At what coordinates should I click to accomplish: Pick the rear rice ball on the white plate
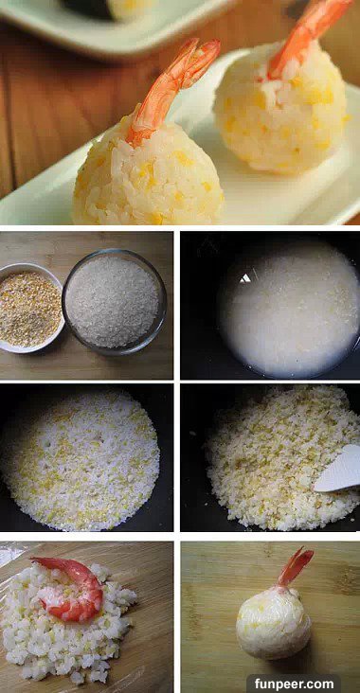tap(281, 108)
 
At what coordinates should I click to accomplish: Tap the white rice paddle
tap(338, 470)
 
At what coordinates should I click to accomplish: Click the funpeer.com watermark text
tap(294, 684)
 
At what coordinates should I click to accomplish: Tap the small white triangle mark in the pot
tap(245, 278)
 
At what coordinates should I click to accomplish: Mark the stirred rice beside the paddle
tap(274, 460)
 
